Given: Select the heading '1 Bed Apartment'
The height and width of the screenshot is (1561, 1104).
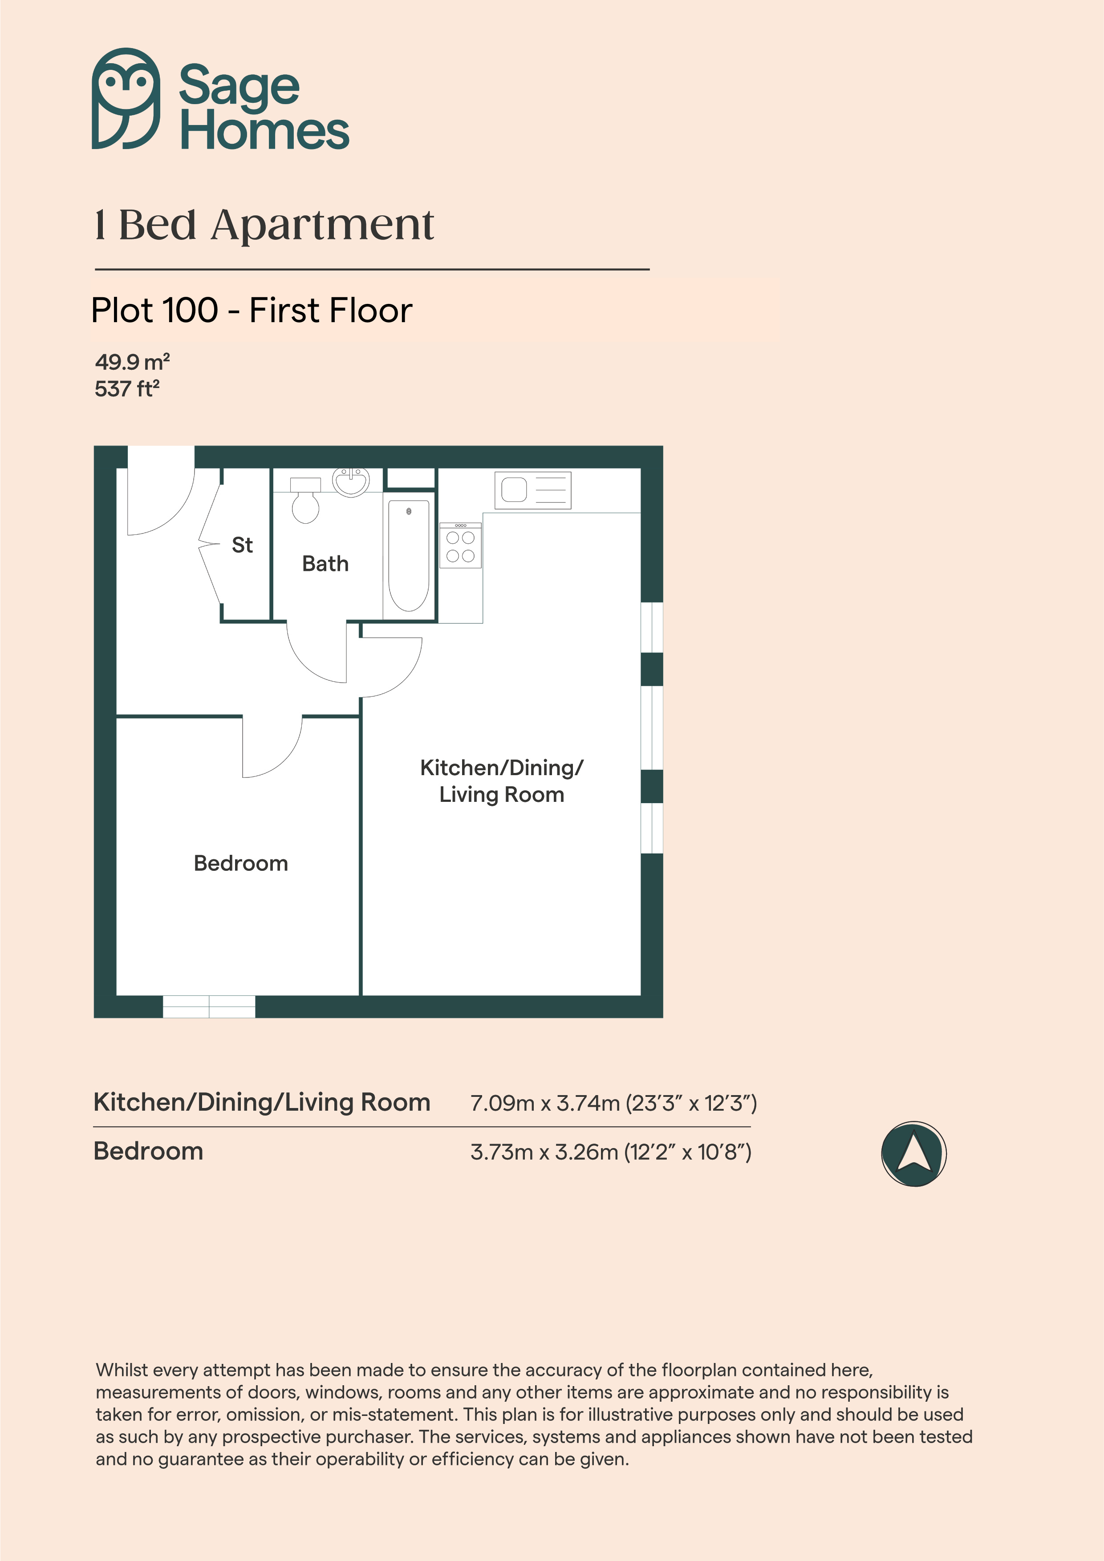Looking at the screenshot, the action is tap(264, 225).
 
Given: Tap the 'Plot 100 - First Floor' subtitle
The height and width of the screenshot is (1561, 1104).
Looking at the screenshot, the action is tap(252, 311).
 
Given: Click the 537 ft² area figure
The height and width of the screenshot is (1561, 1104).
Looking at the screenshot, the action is tap(127, 389).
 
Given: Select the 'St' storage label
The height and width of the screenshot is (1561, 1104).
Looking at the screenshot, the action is tap(242, 545).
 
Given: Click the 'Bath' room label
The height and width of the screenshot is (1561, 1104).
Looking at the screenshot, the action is tap(325, 564).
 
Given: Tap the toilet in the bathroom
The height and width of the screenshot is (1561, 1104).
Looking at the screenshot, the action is tap(305, 500).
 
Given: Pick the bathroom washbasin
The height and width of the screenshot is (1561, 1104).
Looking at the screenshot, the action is tap(351, 482).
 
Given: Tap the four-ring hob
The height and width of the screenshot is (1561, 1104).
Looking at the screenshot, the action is tap(460, 545).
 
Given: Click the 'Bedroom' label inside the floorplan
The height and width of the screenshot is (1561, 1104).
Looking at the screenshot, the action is tap(241, 863).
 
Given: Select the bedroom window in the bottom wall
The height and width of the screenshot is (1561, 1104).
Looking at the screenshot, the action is tap(209, 1007).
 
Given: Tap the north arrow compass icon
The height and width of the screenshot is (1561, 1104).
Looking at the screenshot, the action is tap(913, 1154).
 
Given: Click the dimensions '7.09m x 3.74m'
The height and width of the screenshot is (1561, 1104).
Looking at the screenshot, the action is tap(545, 1103).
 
